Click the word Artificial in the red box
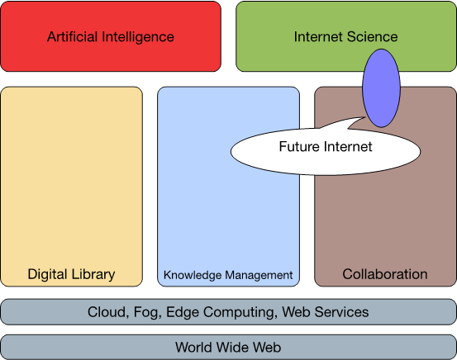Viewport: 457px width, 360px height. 72,36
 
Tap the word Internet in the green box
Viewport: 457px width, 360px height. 318,36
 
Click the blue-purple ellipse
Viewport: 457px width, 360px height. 381,88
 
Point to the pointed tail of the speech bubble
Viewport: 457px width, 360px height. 365,117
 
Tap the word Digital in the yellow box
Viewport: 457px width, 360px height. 47,275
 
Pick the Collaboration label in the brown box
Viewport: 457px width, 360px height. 385,274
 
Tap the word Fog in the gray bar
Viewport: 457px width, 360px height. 147,313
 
